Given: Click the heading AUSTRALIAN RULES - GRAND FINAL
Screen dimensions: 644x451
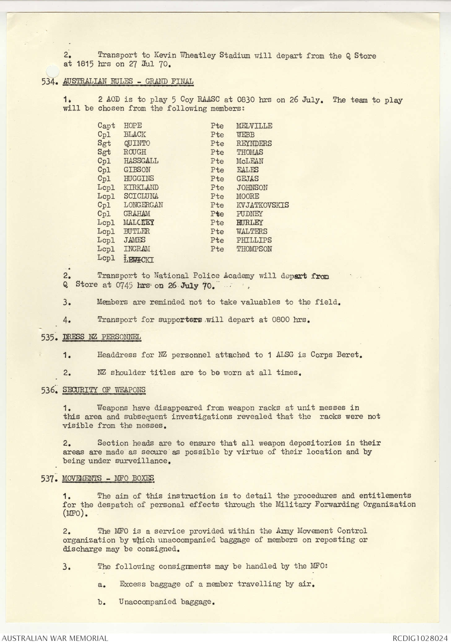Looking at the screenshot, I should click(128, 82).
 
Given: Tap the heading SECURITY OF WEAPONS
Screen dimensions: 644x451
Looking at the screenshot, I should click(104, 390).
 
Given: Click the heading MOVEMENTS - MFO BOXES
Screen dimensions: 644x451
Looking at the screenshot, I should click(108, 478).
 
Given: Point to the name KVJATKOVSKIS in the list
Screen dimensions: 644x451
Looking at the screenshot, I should click(262, 205).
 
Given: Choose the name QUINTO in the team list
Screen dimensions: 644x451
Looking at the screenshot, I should click(137, 143).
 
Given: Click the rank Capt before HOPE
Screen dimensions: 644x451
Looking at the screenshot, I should click(106, 126).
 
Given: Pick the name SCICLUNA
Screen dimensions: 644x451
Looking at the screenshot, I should click(141, 196).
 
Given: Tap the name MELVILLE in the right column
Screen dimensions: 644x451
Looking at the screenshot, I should click(254, 126).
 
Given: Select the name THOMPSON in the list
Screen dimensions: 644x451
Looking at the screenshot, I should click(254, 249).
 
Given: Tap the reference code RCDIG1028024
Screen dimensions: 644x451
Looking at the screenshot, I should click(420, 638).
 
